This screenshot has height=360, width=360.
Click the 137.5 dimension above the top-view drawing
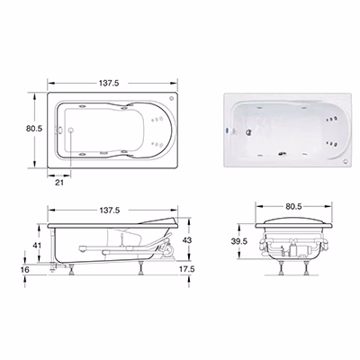109,83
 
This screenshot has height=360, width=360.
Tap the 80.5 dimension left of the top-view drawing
34,129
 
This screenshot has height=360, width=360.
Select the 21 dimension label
59,182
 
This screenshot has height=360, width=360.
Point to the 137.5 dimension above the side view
109,211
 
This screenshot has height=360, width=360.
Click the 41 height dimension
37,246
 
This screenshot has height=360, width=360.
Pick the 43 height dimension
187,240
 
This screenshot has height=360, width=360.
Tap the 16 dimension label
26,269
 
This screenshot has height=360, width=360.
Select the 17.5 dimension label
187,269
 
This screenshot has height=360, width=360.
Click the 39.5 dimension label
239,241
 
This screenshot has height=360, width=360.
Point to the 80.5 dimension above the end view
293,206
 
